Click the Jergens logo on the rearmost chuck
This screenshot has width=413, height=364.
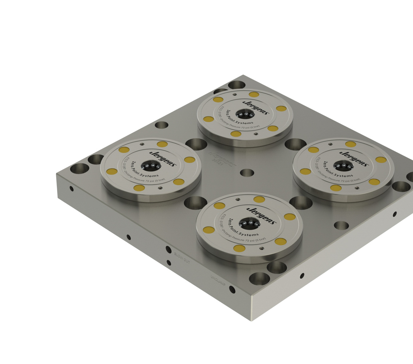255,107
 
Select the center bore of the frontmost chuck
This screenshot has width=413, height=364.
249,223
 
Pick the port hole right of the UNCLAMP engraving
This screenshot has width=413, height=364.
232,289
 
